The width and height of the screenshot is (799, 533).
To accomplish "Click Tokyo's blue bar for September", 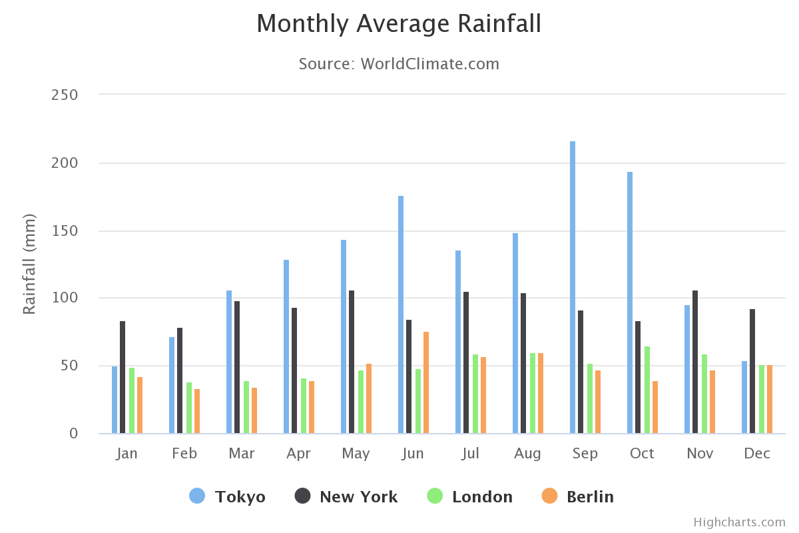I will [573, 287].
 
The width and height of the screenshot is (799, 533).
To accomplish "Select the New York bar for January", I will [123, 377].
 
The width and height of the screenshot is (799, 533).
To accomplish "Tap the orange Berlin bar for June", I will [426, 382].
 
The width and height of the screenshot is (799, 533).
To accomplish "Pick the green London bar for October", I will [647, 390].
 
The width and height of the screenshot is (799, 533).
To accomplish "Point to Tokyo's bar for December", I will [744, 397].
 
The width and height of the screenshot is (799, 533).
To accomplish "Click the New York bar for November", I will [695, 362].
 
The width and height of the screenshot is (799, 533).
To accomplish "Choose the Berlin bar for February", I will [197, 411].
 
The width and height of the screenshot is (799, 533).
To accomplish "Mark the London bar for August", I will [533, 393].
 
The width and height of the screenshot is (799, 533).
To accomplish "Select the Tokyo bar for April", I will [286, 346].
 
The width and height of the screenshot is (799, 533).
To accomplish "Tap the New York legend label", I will [358, 497].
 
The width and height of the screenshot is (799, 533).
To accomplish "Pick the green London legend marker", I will [435, 496].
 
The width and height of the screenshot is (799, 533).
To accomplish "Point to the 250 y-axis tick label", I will [65, 95].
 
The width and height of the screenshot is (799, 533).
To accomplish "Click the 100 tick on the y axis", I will [65, 298].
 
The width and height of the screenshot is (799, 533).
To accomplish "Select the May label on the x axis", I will [356, 454].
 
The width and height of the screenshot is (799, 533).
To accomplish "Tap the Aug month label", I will [527, 454].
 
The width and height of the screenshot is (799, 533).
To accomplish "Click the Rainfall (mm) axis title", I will [29, 264].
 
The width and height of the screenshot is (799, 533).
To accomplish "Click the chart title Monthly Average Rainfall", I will [399, 24].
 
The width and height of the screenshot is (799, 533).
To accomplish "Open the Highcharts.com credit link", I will [739, 522].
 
